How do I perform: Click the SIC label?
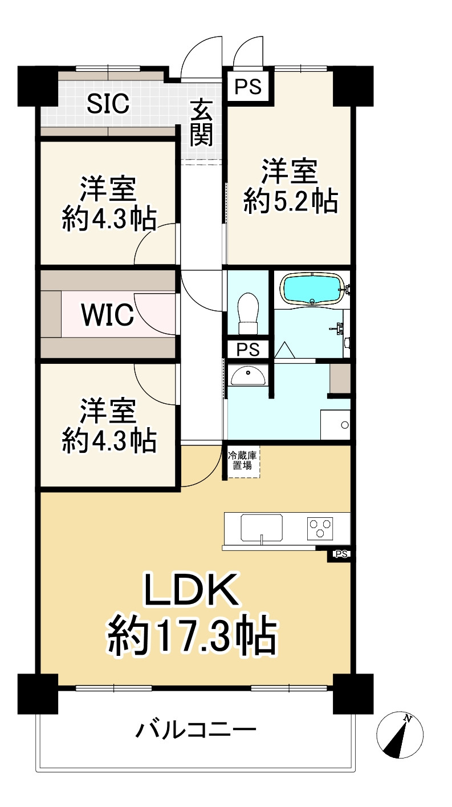pyautogui.click(x=108, y=104)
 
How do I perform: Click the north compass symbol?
pyautogui.click(x=400, y=735)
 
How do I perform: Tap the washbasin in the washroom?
pyautogui.click(x=247, y=375)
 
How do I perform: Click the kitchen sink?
pyautogui.click(x=262, y=528)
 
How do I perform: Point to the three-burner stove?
pyautogui.click(x=320, y=527)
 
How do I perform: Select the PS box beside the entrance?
pyautogui.click(x=249, y=87)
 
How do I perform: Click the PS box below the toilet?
pyautogui.click(x=247, y=349)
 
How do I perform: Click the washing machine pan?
pyautogui.click(x=335, y=425)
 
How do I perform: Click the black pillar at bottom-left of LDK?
pyautogui.click(x=38, y=693)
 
